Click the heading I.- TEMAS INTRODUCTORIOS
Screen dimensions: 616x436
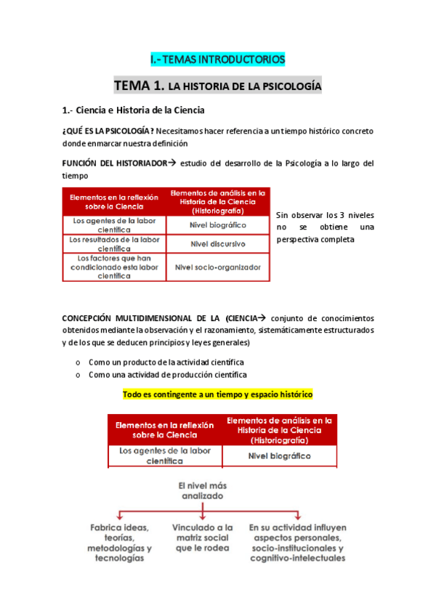pos(218,58)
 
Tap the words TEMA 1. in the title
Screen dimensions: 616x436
pos(137,86)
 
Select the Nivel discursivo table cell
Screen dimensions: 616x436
pos(217,243)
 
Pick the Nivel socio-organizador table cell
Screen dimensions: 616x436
pos(217,267)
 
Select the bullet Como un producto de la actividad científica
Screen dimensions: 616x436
pos(166,362)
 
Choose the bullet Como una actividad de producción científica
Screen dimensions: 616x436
pos(167,375)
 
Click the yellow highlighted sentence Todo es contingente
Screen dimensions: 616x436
pos(218,394)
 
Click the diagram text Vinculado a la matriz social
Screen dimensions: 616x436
pos(203,538)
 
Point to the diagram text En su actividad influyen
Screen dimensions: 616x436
pos(296,543)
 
